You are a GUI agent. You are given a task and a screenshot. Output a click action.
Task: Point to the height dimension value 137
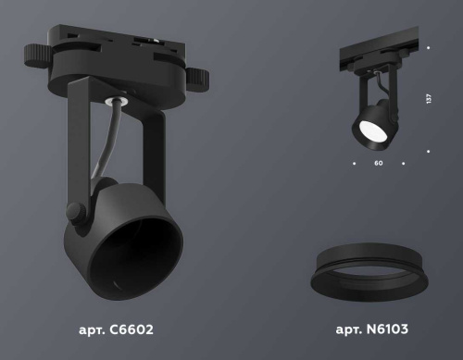[x=430, y=99]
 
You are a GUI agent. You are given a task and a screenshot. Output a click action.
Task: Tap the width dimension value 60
[x=379, y=164]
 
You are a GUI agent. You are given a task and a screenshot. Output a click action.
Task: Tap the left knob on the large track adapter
[x=38, y=53]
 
